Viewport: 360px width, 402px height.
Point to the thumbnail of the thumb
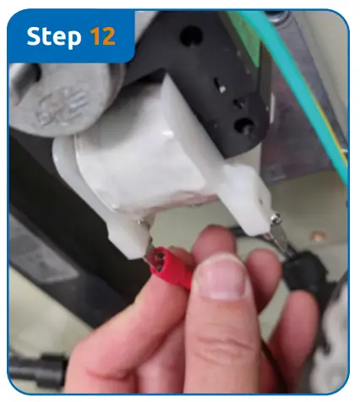click(x=217, y=278)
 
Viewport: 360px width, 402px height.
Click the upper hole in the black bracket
click(x=192, y=35)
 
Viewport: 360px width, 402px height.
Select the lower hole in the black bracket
click(x=244, y=127)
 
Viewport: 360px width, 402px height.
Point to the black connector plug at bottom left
click(x=34, y=372)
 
